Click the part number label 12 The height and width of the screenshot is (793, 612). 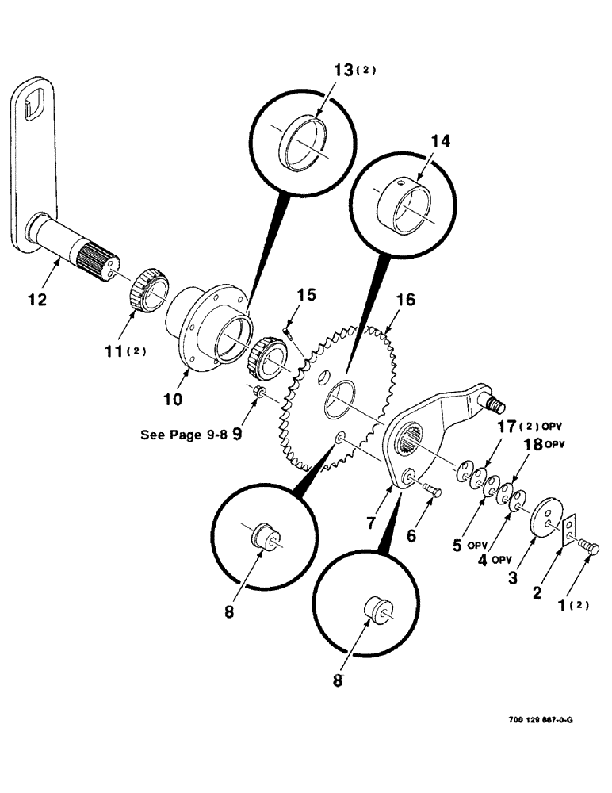36,301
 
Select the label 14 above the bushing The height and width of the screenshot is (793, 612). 441,140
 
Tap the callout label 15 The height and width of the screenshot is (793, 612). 307,295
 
